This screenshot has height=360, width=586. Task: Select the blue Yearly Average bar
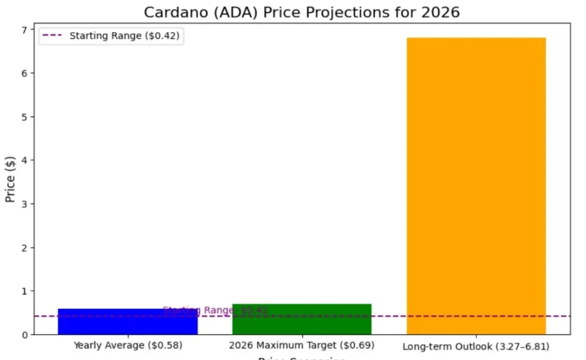coord(128,322)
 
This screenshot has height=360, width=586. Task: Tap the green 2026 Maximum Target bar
coord(302,319)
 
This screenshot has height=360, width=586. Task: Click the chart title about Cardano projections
coord(302,12)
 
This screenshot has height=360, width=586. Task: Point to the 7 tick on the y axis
coord(25,30)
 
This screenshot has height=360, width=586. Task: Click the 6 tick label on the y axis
coord(25,73)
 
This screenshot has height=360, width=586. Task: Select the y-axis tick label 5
coord(25,117)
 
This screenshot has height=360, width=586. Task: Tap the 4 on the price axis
coord(25,160)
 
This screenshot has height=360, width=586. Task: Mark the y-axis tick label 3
coord(25,204)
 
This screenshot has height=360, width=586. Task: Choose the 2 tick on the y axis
coord(25,248)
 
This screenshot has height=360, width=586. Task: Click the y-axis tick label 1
coord(25,291)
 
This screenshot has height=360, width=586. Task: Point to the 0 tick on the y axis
coord(25,335)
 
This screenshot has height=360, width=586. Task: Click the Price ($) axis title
coord(10,179)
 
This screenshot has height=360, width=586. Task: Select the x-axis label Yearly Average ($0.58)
coord(128,346)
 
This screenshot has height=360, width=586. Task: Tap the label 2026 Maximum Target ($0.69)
coord(302,346)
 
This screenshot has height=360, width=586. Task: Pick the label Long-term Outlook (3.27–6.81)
coord(476,346)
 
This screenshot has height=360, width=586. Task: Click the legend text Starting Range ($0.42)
coord(124,35)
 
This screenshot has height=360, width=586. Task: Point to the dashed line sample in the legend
coord(53,35)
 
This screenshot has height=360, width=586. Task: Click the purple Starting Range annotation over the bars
coord(215,310)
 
